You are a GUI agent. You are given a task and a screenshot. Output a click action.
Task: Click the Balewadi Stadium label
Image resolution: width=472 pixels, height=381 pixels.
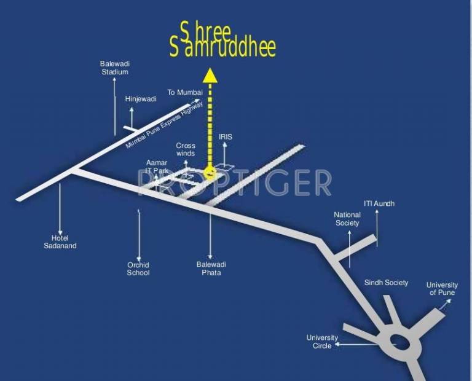(114, 68)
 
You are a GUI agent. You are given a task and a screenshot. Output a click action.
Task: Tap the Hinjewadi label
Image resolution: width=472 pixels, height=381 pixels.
(141, 98)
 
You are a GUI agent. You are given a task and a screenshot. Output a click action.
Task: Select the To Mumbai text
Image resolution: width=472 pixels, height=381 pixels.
(185, 92)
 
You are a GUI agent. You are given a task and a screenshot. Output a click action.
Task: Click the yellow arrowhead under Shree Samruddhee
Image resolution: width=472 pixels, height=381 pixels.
(210, 75)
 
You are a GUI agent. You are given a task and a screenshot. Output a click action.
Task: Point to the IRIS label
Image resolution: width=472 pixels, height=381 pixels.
(226, 136)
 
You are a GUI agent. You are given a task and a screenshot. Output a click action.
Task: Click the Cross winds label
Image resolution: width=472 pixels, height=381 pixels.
(185, 149)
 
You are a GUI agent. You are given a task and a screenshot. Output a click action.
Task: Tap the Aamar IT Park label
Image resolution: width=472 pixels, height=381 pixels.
(157, 167)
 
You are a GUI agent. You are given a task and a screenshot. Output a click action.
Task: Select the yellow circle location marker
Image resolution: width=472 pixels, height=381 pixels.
(210, 173)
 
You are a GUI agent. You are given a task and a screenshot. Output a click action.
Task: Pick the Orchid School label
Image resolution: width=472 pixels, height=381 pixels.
(138, 269)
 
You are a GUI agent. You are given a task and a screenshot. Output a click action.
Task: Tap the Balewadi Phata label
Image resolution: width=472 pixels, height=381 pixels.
(211, 268)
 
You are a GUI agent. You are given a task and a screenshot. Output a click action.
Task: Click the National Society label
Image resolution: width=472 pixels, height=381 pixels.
(347, 219)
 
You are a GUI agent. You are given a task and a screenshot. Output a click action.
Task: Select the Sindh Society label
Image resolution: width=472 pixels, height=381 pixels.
(386, 283)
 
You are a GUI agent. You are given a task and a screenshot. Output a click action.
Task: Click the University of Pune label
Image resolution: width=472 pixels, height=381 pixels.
(442, 289)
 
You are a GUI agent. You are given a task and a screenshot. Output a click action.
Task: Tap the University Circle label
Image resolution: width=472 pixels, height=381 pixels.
(322, 342)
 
